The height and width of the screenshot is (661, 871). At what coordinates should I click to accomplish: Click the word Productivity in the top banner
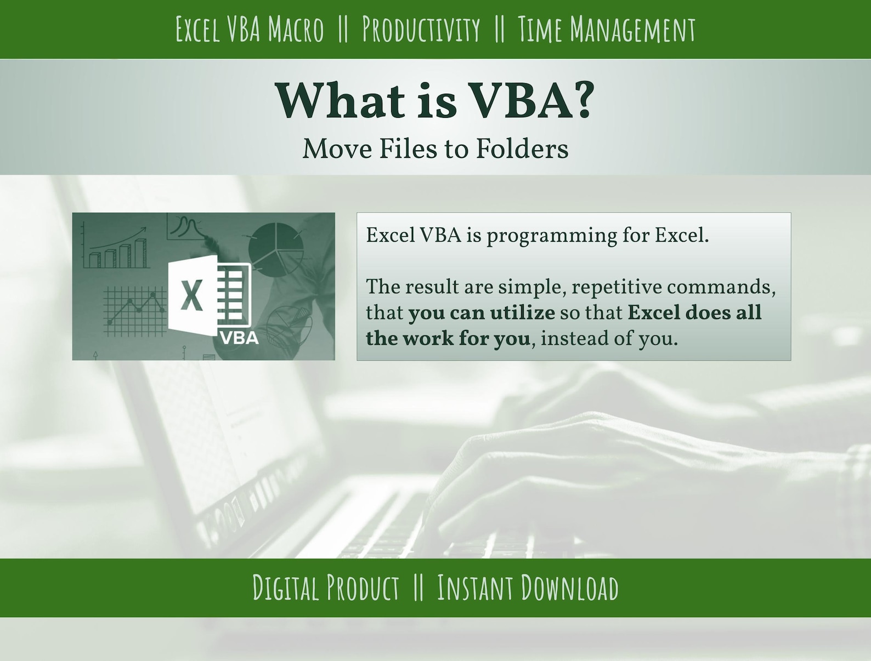(x=421, y=30)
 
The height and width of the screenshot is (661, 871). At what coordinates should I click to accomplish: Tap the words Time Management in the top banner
(x=606, y=30)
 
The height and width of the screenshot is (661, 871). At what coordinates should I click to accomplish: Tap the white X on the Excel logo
(x=191, y=295)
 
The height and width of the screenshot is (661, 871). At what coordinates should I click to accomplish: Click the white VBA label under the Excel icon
(x=239, y=337)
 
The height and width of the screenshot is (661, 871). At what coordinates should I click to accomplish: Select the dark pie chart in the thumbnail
(x=276, y=249)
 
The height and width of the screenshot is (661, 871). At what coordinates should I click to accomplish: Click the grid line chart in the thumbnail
(x=135, y=310)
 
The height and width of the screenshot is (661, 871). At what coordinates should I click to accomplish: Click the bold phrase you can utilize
(x=482, y=313)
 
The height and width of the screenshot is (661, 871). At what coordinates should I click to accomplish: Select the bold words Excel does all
(x=694, y=313)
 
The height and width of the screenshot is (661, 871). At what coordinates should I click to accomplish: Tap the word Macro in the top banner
(x=296, y=30)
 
